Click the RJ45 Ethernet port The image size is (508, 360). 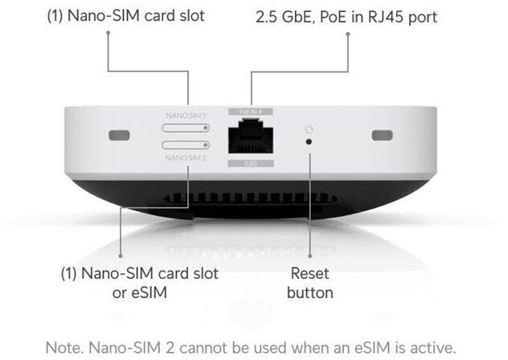[x=252, y=138]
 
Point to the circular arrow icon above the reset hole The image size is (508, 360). [x=309, y=127]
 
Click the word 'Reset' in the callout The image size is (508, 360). [x=309, y=274]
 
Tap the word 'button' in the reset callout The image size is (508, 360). [x=309, y=292]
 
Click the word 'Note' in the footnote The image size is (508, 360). [x=63, y=348]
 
